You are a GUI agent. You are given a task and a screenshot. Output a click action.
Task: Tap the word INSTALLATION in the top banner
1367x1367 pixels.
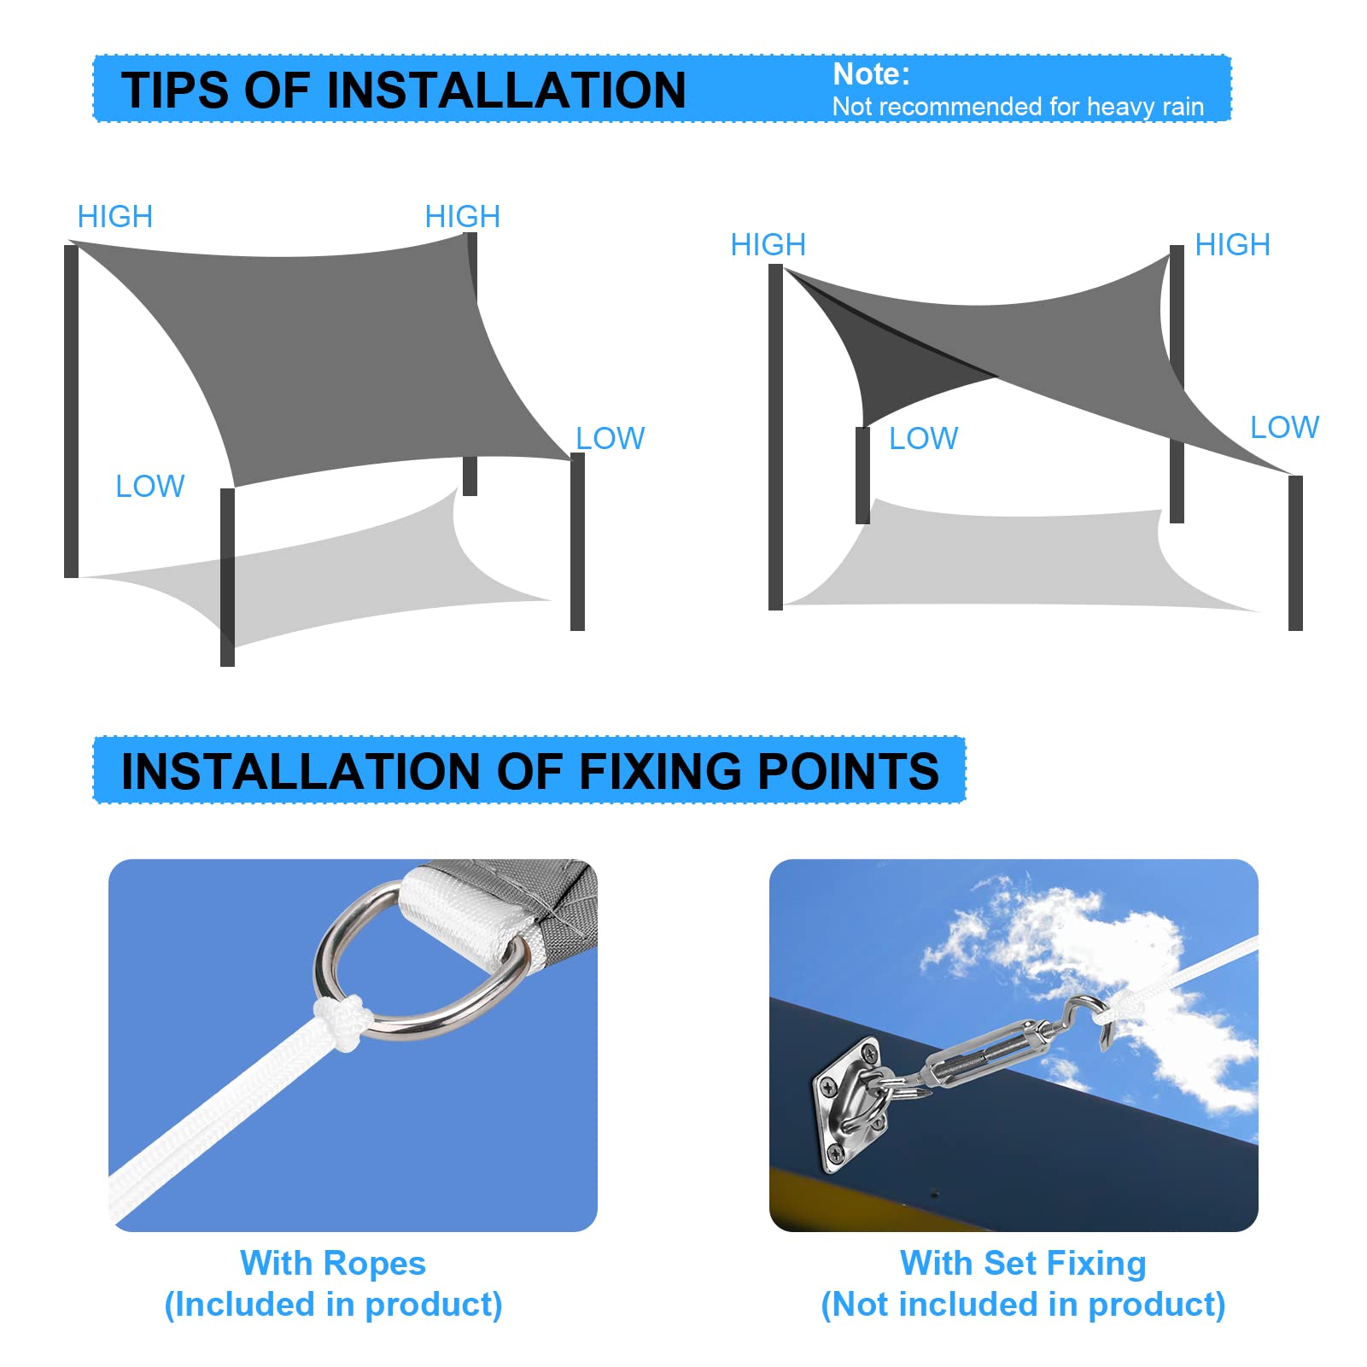506,90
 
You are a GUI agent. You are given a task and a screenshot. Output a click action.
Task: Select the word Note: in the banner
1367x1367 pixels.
871,74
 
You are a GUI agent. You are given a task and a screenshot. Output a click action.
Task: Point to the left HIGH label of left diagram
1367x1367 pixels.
115,217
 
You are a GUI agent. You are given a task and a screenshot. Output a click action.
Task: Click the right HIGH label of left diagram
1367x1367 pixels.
462,217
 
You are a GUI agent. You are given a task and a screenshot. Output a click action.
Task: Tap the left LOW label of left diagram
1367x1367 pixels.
150,487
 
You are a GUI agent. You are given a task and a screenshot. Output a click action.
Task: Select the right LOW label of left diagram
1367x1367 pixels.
610,439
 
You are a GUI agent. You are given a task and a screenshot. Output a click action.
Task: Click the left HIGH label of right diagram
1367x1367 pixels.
768,245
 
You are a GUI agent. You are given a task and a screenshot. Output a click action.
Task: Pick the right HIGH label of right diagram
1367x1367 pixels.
1232,245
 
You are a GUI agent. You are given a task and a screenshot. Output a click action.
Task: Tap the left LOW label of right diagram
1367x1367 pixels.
924,439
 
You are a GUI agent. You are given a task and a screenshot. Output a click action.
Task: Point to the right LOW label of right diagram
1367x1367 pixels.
1285,428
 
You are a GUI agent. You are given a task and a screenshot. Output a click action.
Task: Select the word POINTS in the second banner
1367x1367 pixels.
848,771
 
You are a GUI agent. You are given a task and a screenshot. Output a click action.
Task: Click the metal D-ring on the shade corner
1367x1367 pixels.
329,965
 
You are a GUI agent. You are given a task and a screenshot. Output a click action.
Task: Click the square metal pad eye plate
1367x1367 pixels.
850,1104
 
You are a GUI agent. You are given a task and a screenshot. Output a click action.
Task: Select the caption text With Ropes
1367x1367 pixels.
333,1263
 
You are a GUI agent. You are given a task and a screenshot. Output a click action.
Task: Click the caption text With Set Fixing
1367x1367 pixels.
1023,1263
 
